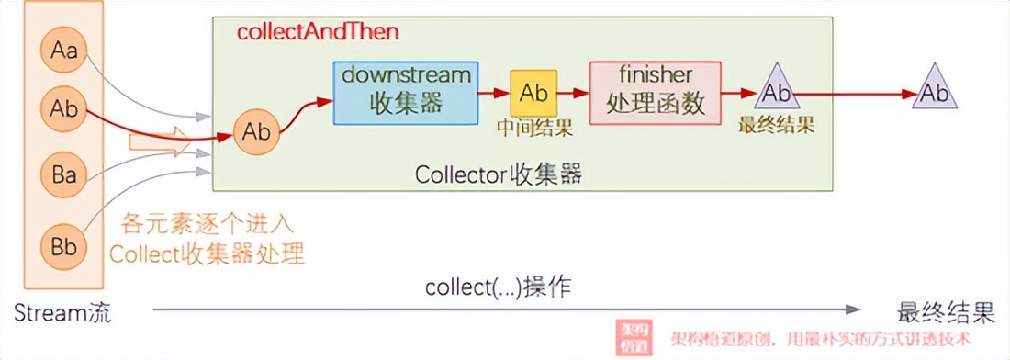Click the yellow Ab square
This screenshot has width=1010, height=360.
533,93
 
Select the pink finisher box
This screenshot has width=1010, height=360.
655,92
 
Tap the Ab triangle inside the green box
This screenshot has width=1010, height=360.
777,91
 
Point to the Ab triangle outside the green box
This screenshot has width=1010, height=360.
935,91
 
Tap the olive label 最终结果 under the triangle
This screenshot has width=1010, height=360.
778,124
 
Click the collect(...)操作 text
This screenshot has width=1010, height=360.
498,287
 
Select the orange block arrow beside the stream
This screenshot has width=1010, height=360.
157,142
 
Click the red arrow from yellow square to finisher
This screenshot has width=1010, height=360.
575,93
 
